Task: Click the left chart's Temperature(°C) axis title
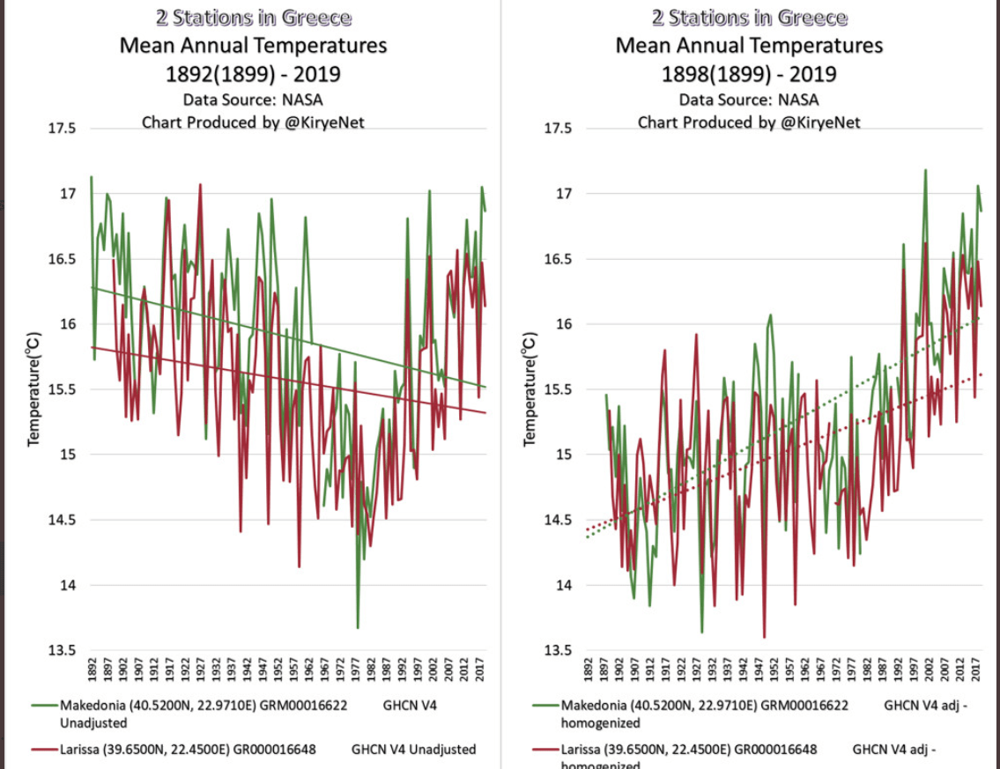point(33,389)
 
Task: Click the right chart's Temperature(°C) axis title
point(530,389)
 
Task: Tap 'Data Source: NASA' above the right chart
point(749,100)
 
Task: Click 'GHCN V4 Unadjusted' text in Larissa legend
point(413,750)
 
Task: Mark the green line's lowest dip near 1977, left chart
point(358,627)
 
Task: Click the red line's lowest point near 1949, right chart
point(764,637)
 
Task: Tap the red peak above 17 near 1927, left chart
point(201,185)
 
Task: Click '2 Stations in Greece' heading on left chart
point(254,18)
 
